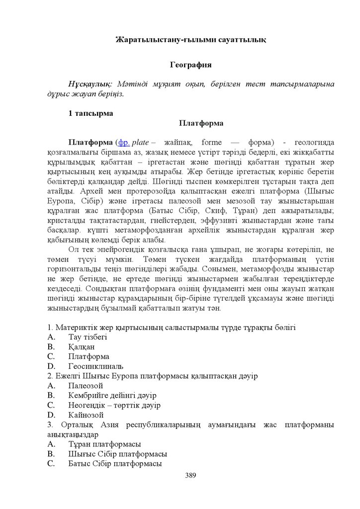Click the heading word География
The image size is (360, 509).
(191, 65)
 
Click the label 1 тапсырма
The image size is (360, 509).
(90, 113)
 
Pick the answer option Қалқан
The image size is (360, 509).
(82, 346)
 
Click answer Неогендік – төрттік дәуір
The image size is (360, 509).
(114, 405)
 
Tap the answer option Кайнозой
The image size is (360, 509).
(86, 415)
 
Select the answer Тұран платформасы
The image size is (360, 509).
(104, 444)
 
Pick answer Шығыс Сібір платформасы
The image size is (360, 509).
(117, 454)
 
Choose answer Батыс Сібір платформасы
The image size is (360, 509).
(115, 464)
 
